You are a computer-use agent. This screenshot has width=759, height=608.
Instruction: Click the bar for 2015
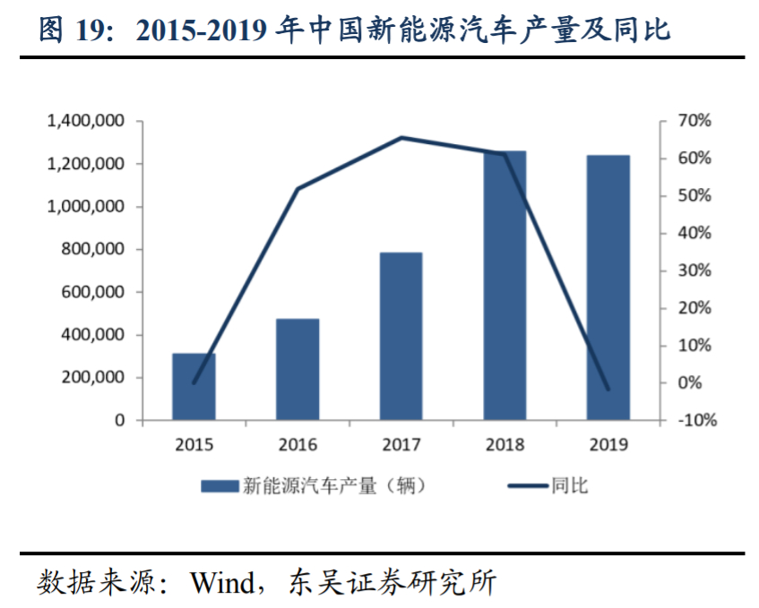pos(194,387)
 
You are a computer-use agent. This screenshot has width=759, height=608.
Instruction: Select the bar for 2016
pos(298,369)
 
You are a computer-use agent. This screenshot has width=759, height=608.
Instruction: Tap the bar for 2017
pos(401,336)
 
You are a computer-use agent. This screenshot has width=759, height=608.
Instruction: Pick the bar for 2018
pos(505,286)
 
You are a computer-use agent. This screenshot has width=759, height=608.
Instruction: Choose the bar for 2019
pos(608,287)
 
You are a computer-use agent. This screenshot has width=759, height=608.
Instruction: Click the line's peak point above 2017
pos(401,137)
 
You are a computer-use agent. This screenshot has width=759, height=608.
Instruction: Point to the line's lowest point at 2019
pos(608,390)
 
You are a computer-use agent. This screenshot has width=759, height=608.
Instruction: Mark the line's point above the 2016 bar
pos(298,189)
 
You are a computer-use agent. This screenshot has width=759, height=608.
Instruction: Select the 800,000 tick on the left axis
pos(90,249)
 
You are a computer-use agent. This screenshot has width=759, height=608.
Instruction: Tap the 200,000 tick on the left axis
pos(90,377)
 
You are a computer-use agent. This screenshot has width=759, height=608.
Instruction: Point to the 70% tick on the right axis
pos(694,121)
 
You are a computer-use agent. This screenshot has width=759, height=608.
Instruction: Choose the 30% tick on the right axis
pos(694,270)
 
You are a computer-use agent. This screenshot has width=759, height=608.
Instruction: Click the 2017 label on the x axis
pos(401,443)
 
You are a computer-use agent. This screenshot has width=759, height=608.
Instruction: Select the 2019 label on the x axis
pos(608,443)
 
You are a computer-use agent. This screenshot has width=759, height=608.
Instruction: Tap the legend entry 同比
pos(548,486)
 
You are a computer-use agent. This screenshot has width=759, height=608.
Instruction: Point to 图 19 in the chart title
pos(71,31)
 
